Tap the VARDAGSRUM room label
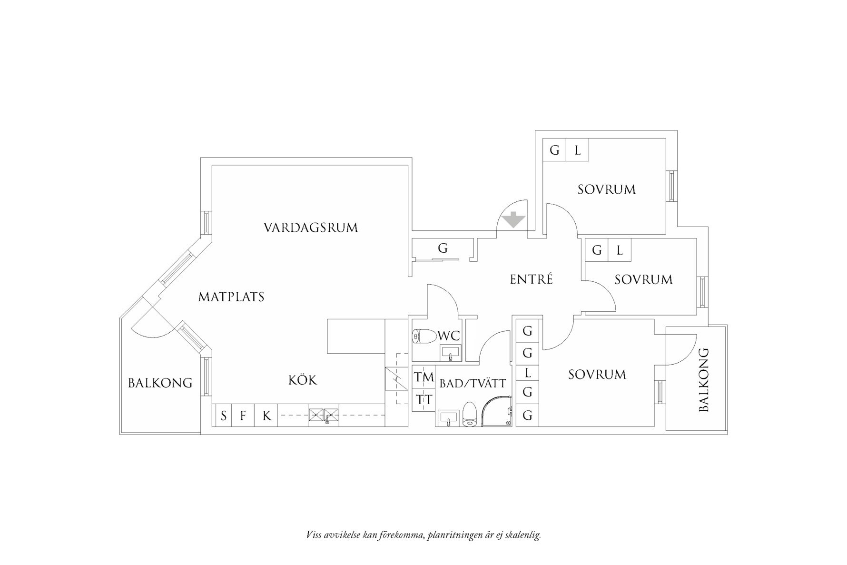coord(310,228)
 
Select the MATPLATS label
coord(231,297)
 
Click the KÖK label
coord(302,380)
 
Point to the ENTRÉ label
coord(531,279)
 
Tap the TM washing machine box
coord(423,377)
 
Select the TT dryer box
coord(423,400)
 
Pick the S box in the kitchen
coord(223,416)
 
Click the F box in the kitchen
coord(243,416)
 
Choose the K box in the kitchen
coord(266,416)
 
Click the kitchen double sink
coord(324,415)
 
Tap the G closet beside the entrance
coord(443,248)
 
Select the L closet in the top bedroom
coord(577,150)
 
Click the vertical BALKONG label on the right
coord(704,380)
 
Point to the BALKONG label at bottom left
coord(160,383)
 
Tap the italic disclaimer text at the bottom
coord(423,535)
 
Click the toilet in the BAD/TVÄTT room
coord(470,413)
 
